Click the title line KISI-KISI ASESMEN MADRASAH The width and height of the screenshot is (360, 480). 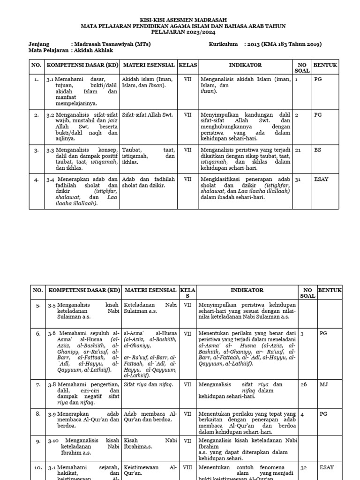[x=180, y=20]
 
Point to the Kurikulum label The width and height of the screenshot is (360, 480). [x=224, y=44]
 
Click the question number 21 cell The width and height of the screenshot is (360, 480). [x=298, y=150]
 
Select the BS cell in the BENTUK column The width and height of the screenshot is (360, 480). [x=318, y=150]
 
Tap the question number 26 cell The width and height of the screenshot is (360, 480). [x=303, y=384]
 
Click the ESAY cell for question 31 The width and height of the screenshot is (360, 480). [x=321, y=179]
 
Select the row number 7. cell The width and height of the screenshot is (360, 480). [x=38, y=384]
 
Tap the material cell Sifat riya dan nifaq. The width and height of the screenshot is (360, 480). [x=148, y=384]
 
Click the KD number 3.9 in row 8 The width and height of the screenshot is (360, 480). [x=52, y=414]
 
